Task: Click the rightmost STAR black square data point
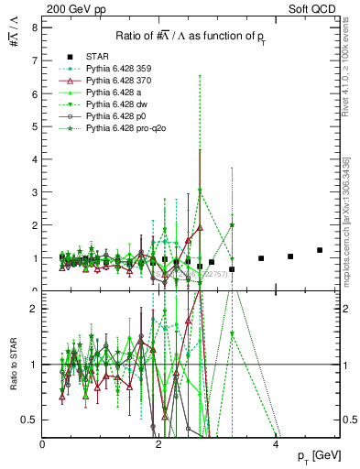coord(320,250)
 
